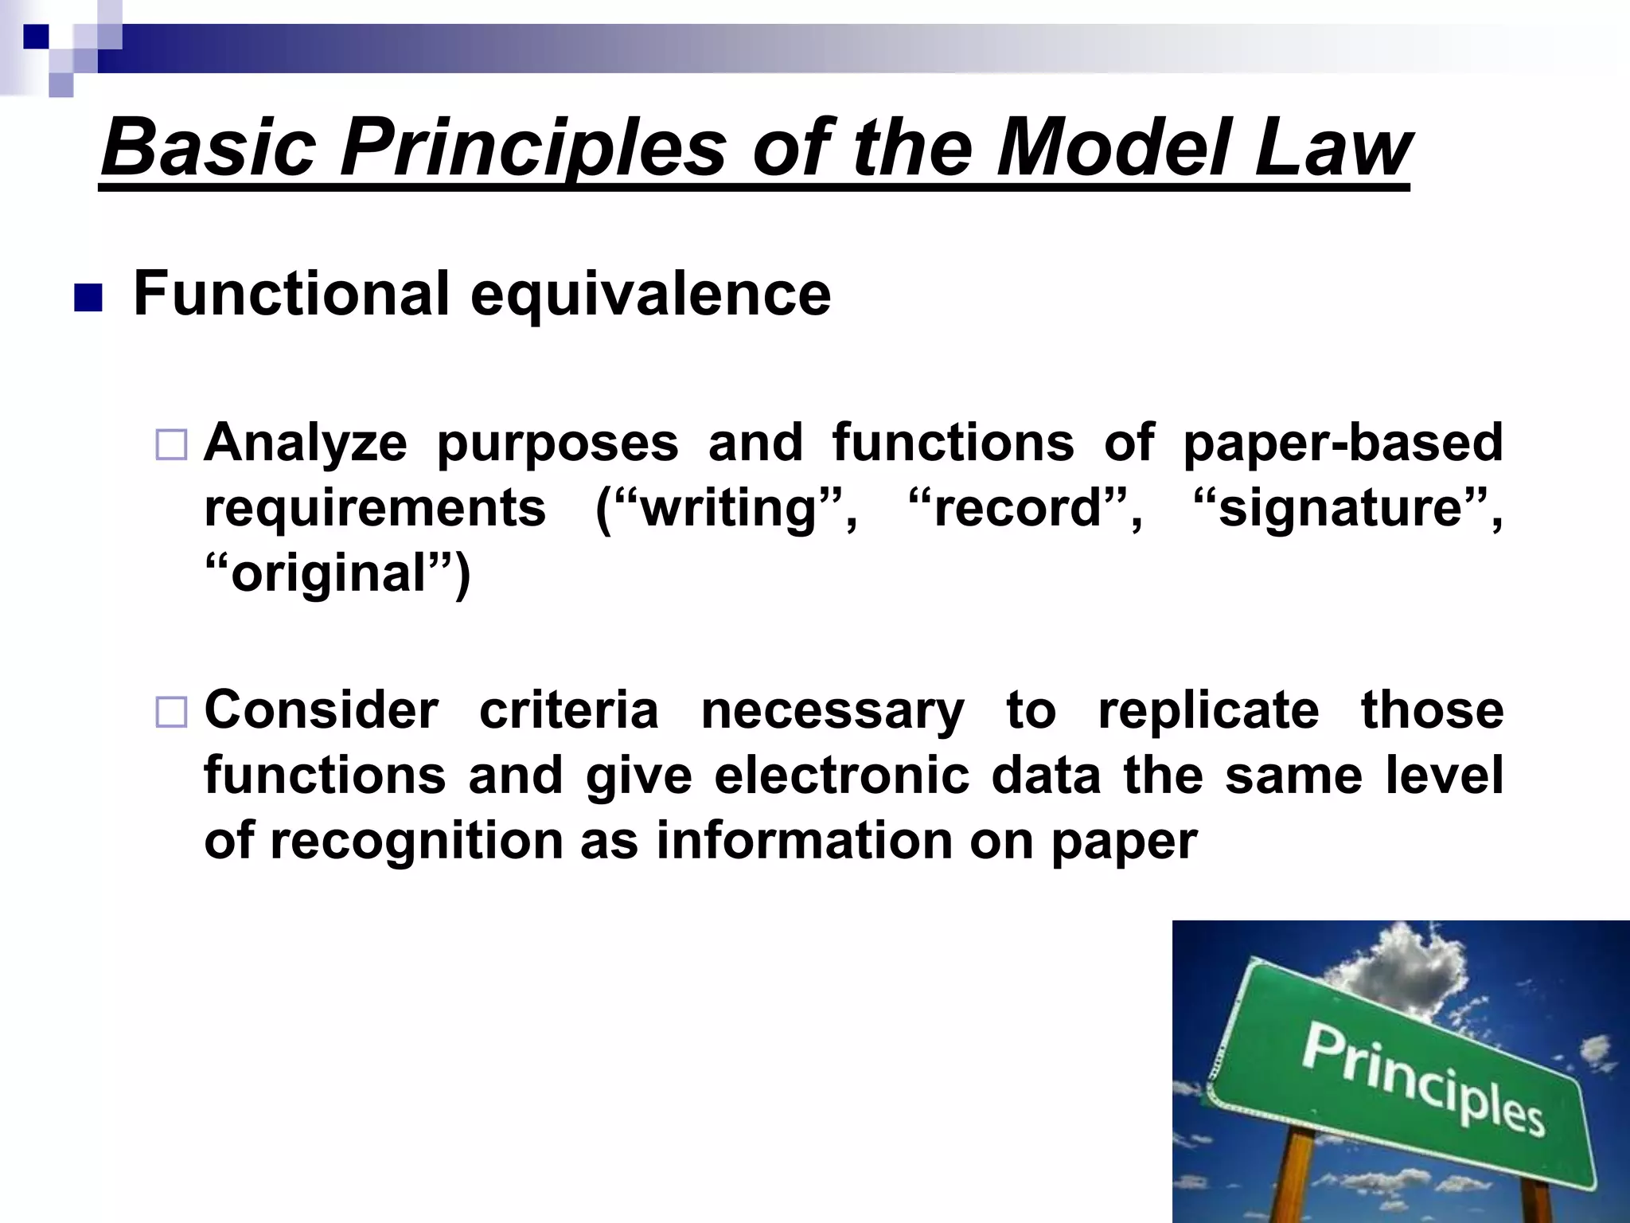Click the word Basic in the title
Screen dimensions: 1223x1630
209,148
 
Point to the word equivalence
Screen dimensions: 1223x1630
650,295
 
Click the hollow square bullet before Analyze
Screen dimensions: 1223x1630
171,445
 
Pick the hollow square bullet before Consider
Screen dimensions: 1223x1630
171,712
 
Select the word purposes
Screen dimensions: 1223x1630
557,444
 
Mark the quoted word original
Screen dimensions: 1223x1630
330,574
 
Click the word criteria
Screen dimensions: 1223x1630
569,710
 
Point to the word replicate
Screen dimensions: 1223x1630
1208,710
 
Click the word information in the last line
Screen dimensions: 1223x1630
804,841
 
